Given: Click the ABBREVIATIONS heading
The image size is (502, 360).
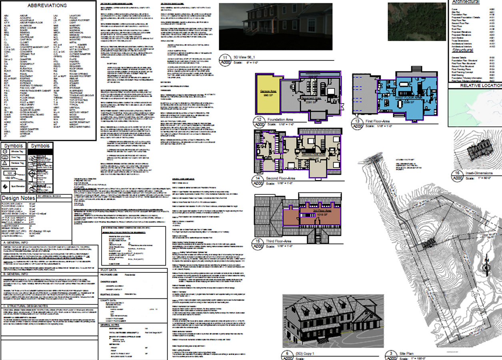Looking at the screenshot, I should (47, 6).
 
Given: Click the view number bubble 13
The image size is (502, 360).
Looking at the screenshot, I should (356, 121).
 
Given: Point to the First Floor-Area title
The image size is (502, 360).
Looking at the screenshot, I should (378, 121).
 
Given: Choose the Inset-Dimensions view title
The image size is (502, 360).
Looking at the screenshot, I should (479, 173).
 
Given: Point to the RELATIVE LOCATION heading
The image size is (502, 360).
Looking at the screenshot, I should (480, 86).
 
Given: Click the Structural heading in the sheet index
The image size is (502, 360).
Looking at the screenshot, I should (463, 50).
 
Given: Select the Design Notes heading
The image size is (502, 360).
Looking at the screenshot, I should (18, 198).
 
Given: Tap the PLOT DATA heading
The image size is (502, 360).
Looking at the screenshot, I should (108, 270).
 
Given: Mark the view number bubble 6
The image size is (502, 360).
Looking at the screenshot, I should (287, 354).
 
